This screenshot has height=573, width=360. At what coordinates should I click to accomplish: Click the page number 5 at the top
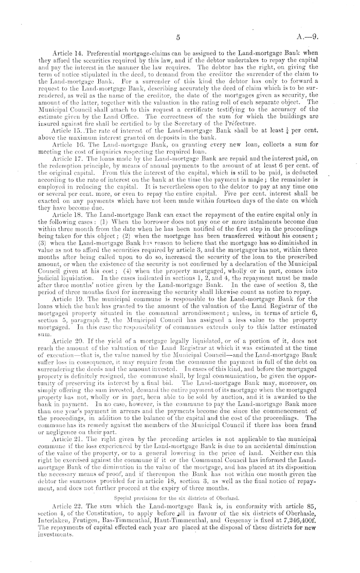coord(177,37)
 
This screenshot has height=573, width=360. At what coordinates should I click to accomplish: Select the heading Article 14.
coord(66,53)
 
